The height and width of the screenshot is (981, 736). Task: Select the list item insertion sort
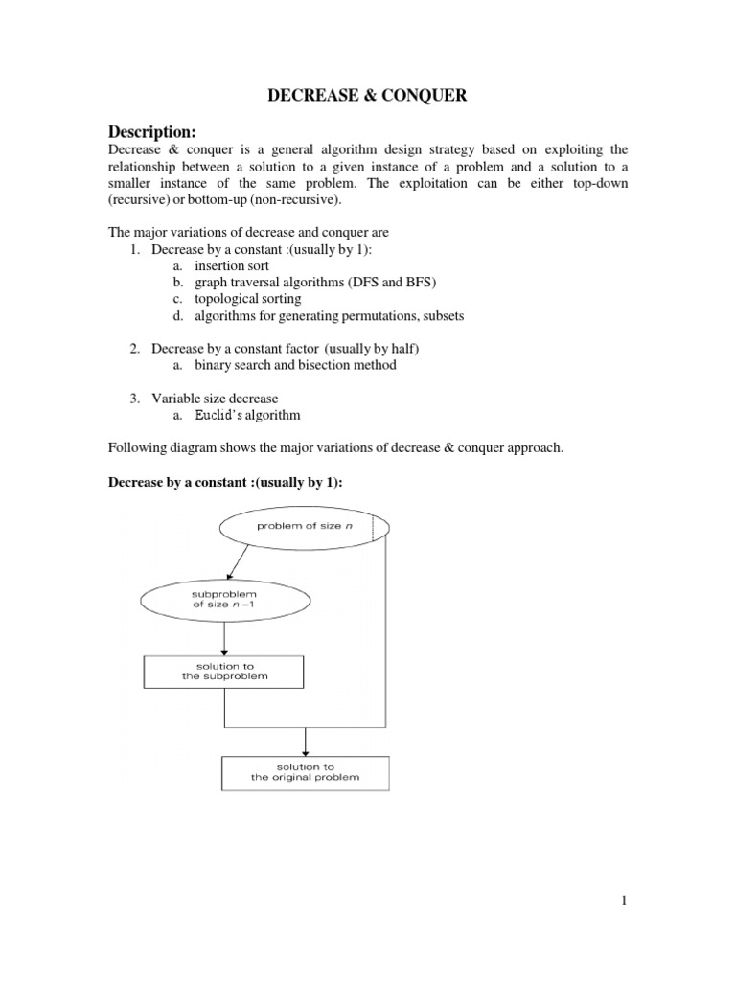[x=232, y=265]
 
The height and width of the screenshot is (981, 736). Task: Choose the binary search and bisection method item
[x=295, y=365]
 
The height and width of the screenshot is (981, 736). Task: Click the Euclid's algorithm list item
[x=247, y=415]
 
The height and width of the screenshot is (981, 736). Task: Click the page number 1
[x=624, y=901]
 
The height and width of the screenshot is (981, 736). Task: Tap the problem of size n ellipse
[x=304, y=526]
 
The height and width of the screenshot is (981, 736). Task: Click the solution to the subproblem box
[x=224, y=672]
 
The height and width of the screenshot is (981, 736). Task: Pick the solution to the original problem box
[x=305, y=772]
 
